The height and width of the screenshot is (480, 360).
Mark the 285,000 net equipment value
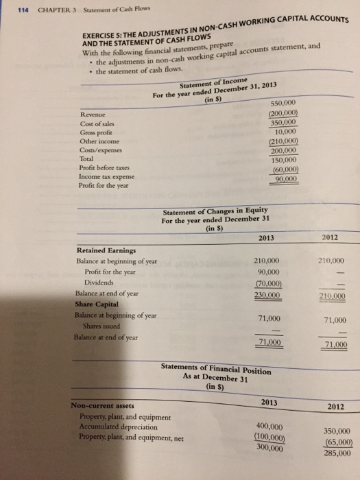tap(335, 452)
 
